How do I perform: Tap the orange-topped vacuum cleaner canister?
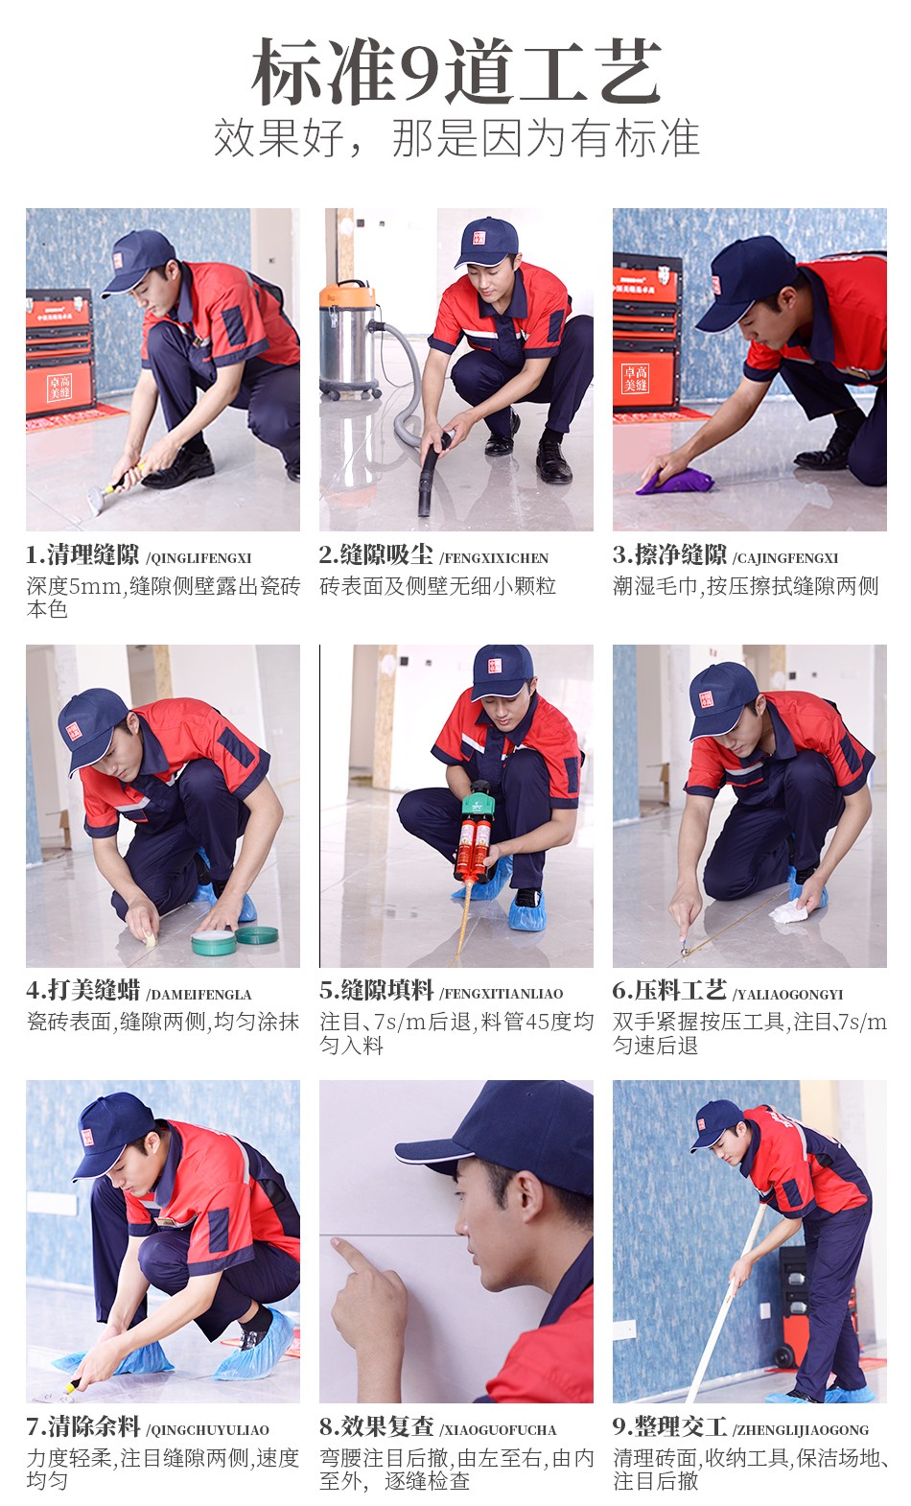tap(347, 339)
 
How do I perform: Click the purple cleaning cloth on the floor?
tap(674, 481)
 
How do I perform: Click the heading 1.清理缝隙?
tap(82, 555)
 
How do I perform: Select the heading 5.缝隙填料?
tap(376, 991)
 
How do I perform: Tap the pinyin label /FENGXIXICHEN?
tap(494, 558)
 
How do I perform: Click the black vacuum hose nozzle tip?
tap(424, 507)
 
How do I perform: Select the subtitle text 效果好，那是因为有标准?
tap(456, 138)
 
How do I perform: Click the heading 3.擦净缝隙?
tap(669, 555)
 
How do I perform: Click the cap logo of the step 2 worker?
tap(479, 237)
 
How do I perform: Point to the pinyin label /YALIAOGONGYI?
tap(787, 995)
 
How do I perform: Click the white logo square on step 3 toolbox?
tap(635, 379)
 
